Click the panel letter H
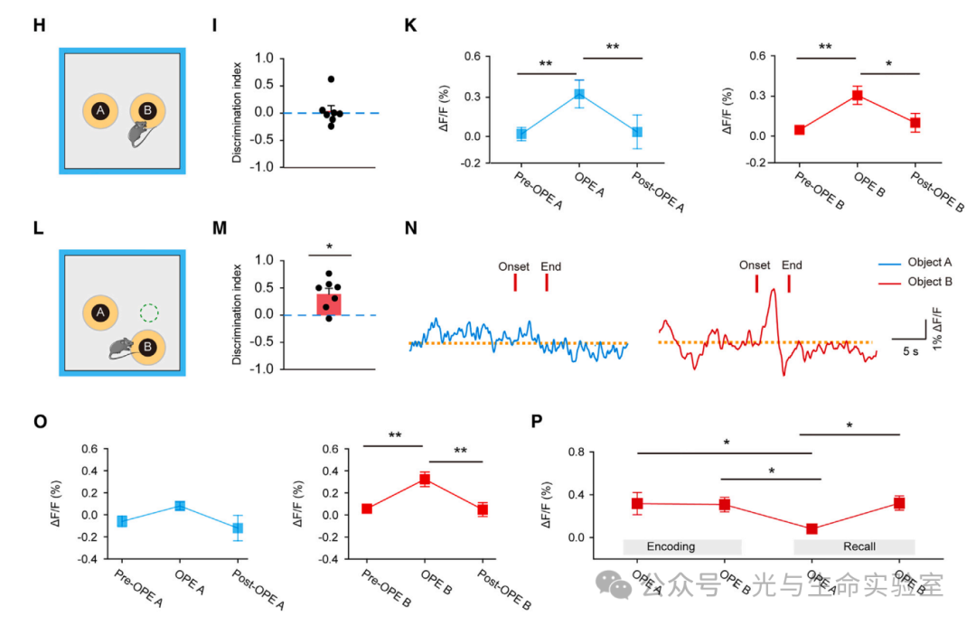pos(38,25)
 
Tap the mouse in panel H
pos(138,135)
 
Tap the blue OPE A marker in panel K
pos(579,94)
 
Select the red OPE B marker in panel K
pos(858,96)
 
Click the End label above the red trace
pos(792,266)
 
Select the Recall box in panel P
pos(854,546)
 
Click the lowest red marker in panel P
pos(812,528)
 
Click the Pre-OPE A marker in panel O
pos(122,521)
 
